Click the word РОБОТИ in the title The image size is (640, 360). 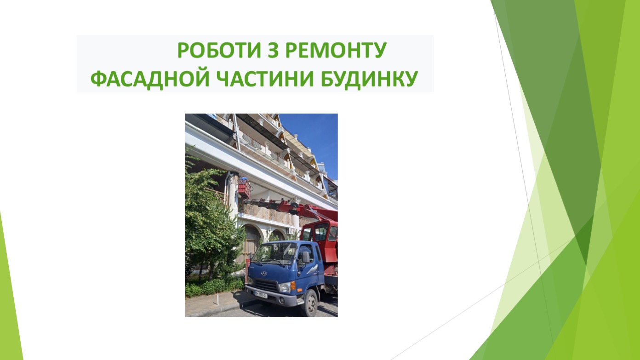(x=219, y=50)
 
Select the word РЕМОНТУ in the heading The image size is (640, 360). (x=336, y=50)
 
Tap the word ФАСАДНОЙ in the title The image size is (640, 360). (x=150, y=79)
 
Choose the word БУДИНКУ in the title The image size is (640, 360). (x=369, y=79)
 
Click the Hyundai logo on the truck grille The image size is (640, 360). (x=264, y=273)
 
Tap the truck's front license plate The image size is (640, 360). (x=261, y=294)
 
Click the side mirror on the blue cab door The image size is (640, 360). (x=306, y=257)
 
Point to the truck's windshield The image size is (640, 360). (x=275, y=253)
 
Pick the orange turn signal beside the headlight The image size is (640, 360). (x=293, y=286)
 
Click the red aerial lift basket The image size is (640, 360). (x=244, y=190)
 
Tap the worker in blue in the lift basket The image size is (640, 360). (x=244, y=180)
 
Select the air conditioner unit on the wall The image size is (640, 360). (x=291, y=231)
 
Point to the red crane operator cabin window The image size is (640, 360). (x=321, y=231)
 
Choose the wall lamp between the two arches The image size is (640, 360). (x=269, y=229)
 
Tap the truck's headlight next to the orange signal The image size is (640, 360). (x=285, y=287)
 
